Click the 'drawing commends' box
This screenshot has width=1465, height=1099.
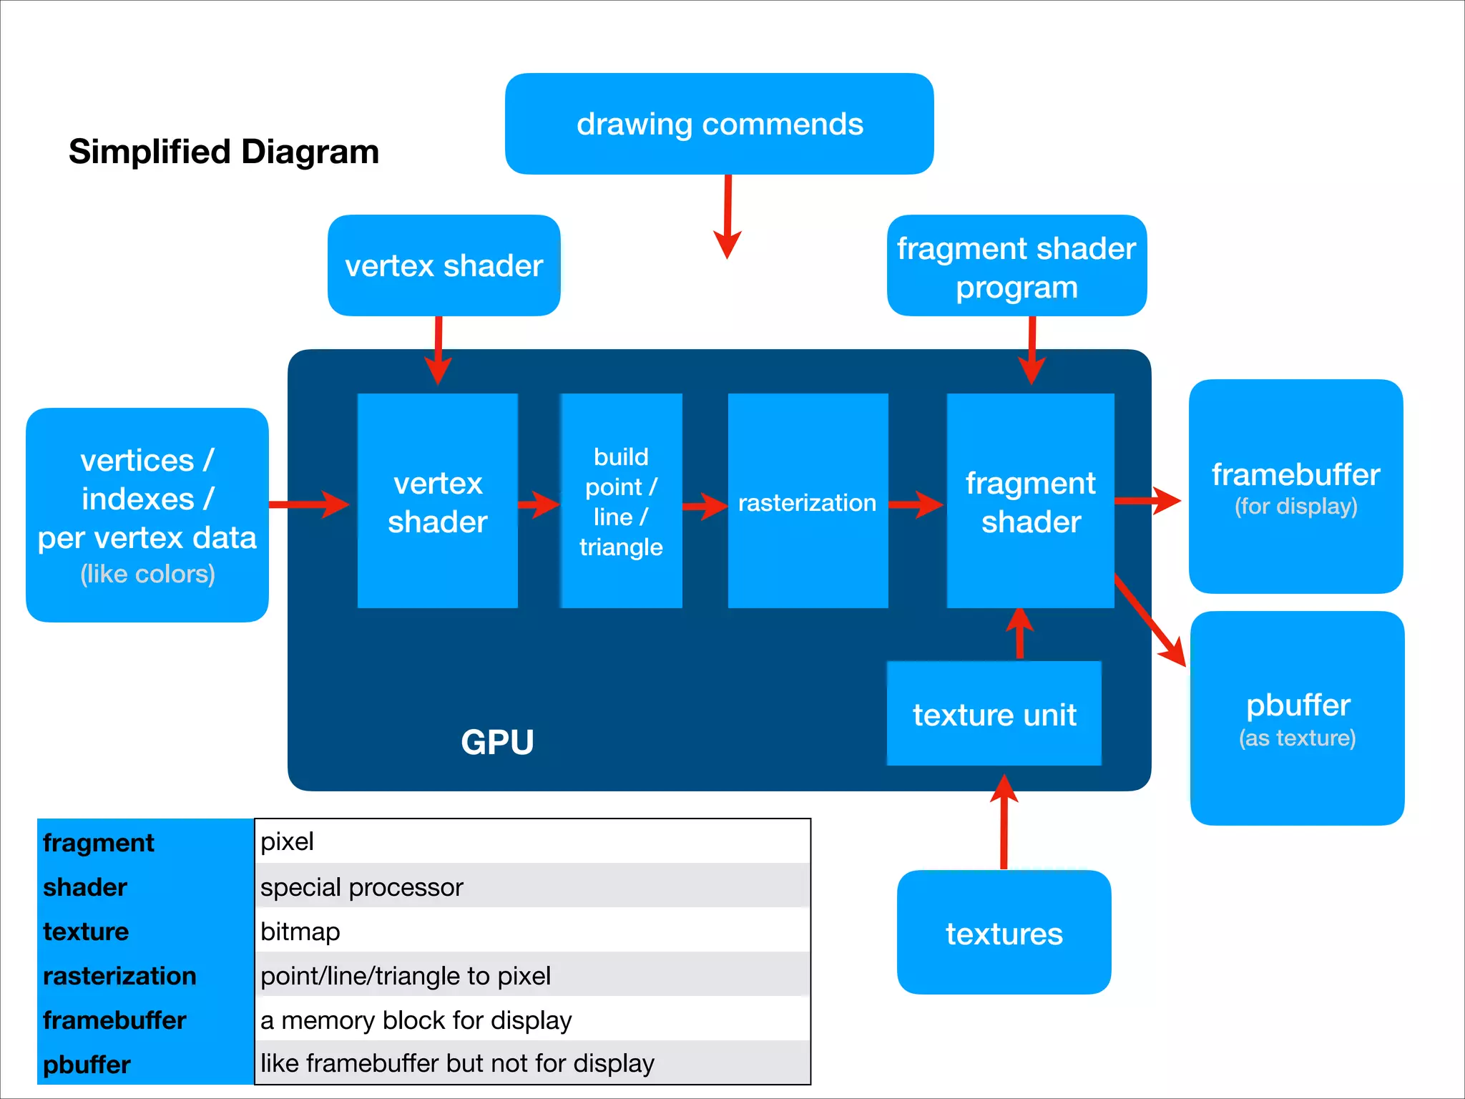click(x=719, y=124)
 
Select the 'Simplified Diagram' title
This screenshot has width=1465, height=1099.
click(x=223, y=152)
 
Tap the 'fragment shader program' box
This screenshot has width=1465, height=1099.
click(x=1016, y=266)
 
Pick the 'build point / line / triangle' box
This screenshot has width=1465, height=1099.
click(x=621, y=501)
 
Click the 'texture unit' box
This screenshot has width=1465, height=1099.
click(x=994, y=714)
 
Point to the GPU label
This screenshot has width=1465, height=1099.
click(x=497, y=742)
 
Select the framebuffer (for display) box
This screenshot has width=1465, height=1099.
click(x=1295, y=487)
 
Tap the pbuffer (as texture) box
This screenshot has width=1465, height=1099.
click(x=1297, y=718)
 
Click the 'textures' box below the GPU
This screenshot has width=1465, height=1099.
click(x=1004, y=932)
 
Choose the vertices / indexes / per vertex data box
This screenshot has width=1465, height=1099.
click(x=147, y=515)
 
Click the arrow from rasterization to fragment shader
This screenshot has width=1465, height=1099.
click(x=916, y=504)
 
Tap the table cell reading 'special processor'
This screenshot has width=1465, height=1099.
click(x=532, y=886)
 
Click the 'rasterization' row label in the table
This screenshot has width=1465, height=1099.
click(x=119, y=976)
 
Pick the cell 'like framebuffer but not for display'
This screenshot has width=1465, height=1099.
click(x=532, y=1063)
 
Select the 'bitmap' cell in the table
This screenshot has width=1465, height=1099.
click(x=532, y=931)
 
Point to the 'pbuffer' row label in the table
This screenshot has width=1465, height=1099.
click(x=87, y=1065)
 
